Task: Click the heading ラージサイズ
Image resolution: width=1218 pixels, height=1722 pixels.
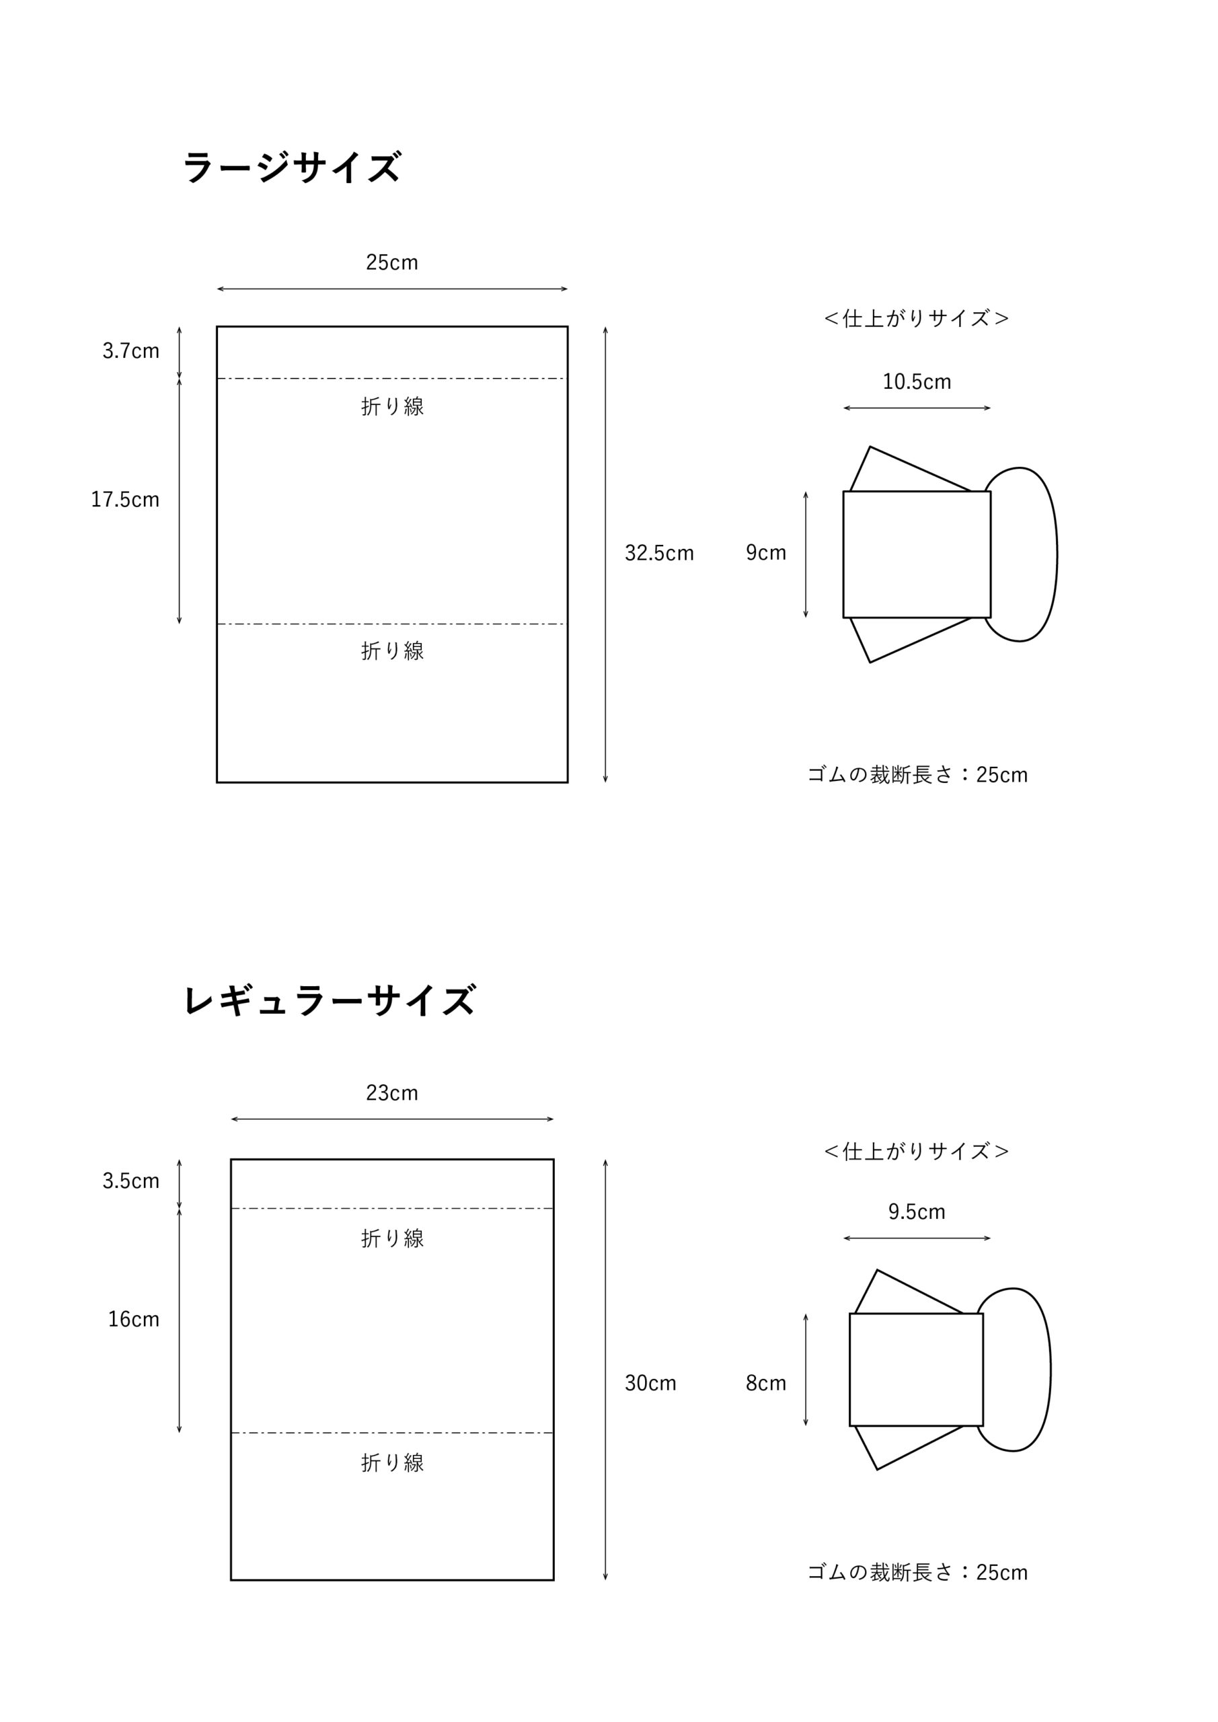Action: [x=292, y=167]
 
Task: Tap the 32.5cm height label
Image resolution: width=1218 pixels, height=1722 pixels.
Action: [x=659, y=554]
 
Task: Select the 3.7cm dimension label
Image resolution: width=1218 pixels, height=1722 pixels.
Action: [x=131, y=351]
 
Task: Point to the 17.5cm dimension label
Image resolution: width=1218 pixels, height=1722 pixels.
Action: [x=125, y=500]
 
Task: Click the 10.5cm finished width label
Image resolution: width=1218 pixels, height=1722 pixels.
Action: [x=917, y=382]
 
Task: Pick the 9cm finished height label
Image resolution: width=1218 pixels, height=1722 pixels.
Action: [x=766, y=553]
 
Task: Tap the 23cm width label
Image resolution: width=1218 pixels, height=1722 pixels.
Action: [x=391, y=1093]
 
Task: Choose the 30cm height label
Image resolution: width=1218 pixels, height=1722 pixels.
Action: [x=650, y=1383]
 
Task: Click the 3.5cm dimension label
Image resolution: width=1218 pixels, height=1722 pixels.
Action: [x=131, y=1181]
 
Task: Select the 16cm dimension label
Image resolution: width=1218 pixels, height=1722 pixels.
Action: [x=133, y=1319]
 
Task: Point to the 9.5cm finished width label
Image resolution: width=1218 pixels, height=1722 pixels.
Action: [x=917, y=1212]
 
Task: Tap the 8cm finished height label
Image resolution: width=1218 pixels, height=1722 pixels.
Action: [x=766, y=1383]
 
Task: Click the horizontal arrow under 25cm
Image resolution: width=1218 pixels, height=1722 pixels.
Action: [x=392, y=289]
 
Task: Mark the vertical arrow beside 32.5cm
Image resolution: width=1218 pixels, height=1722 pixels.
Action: [x=605, y=554]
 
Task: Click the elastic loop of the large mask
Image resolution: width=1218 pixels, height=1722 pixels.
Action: [x=1057, y=554]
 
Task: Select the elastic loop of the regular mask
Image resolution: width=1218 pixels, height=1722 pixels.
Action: [x=1050, y=1370]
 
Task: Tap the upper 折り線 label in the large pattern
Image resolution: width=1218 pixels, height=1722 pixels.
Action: [x=392, y=406]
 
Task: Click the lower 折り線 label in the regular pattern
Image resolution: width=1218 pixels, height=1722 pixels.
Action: [x=392, y=1462]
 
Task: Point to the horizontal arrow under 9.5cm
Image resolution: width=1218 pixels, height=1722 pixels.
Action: [x=917, y=1238]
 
